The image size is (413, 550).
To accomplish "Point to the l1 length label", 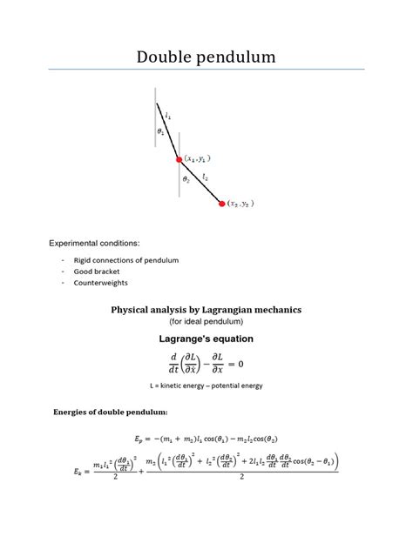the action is tap(168, 114).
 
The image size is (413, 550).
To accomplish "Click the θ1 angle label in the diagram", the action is tap(161, 131).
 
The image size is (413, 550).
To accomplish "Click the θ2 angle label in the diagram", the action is tap(186, 179).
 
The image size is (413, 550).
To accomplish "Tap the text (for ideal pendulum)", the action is tap(206, 321).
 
